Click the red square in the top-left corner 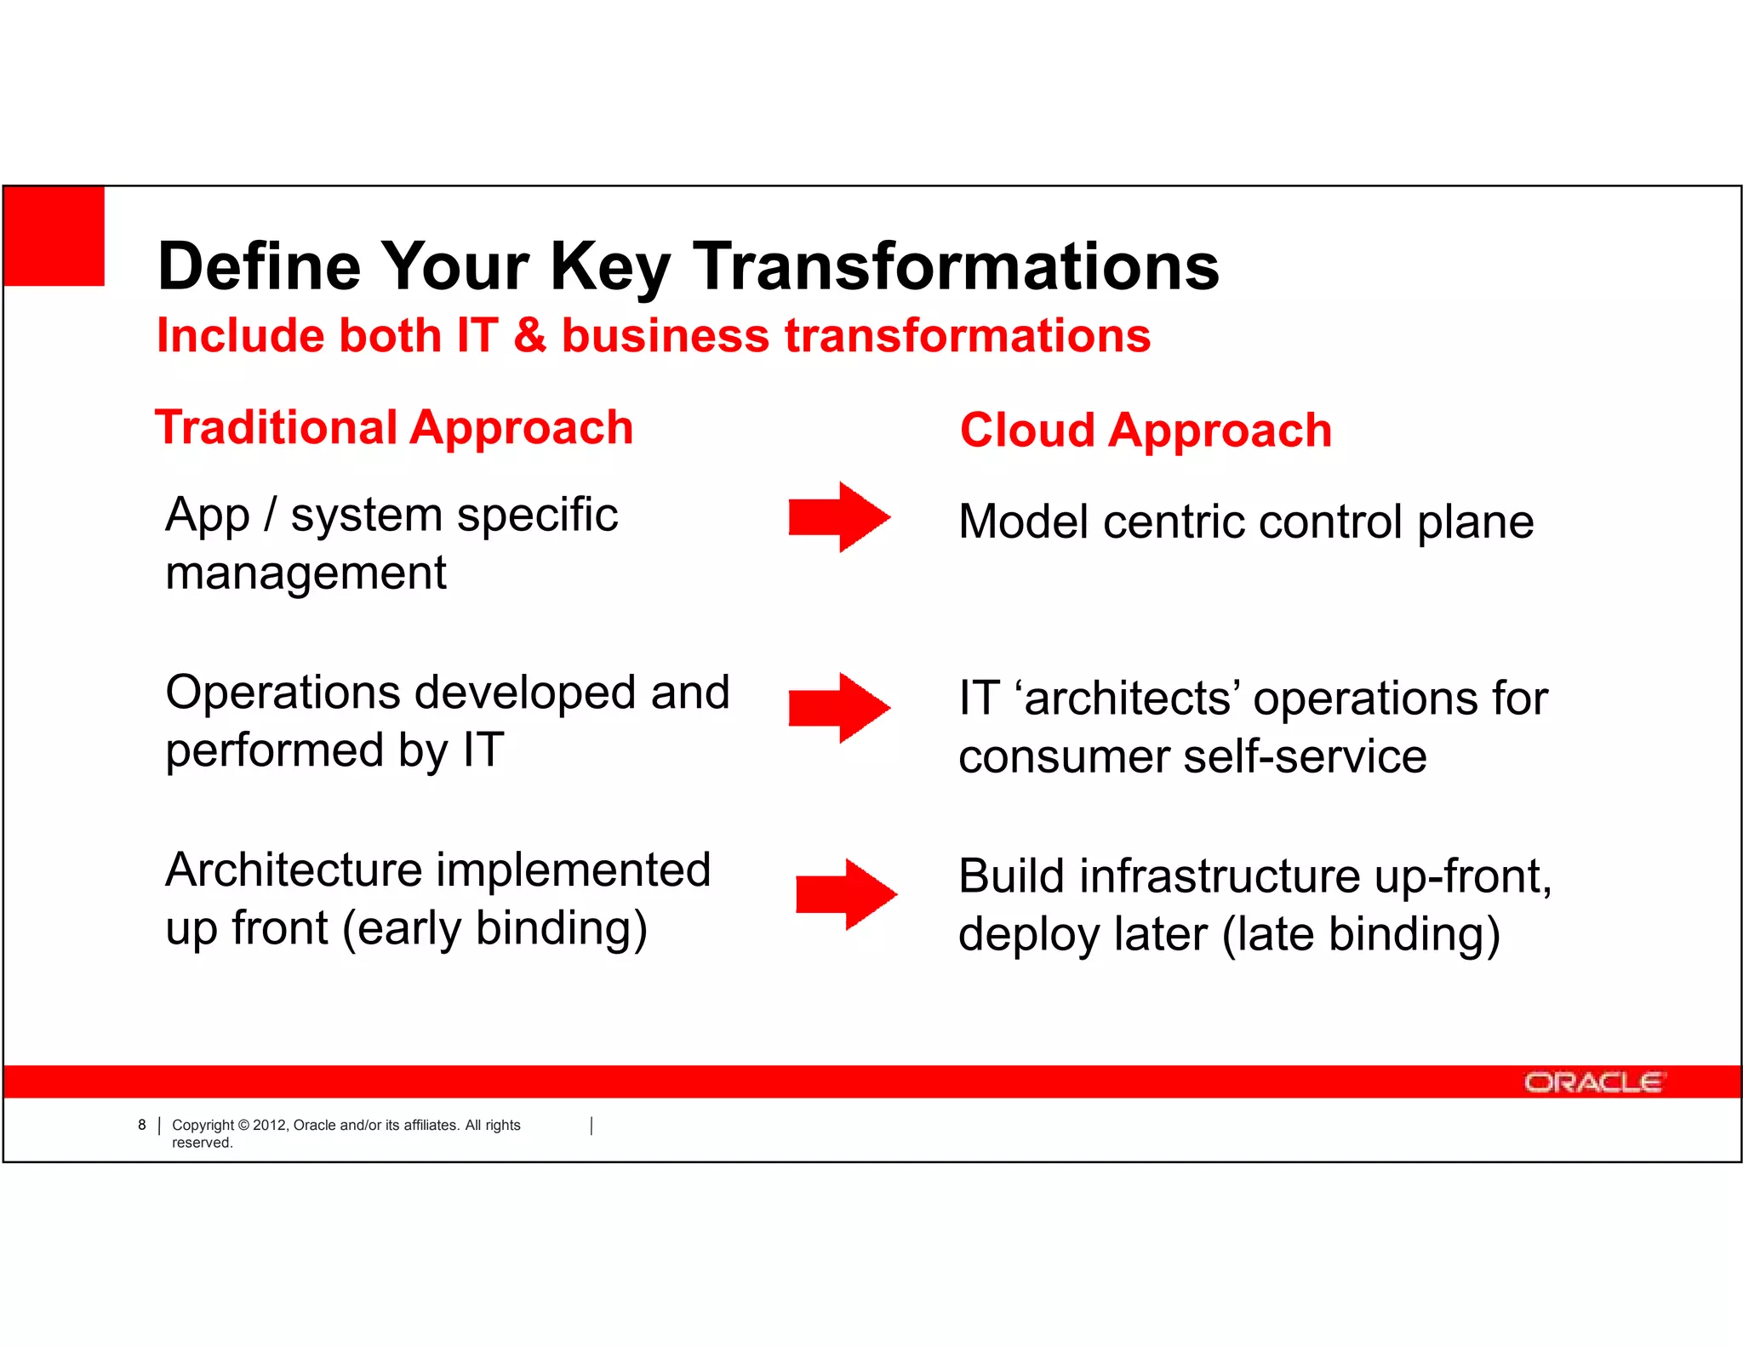pos(54,237)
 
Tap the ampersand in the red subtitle pos(529,335)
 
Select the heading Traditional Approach pos(394,427)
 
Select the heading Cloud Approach pos(1146,430)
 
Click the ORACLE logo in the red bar pos(1592,1082)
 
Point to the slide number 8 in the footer pos(142,1125)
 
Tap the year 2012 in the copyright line pos(270,1125)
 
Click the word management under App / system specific pos(306,573)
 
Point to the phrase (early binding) pos(494,928)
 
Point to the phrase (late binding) pos(1361,934)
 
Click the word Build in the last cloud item pos(1011,875)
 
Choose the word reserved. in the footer pos(203,1143)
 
